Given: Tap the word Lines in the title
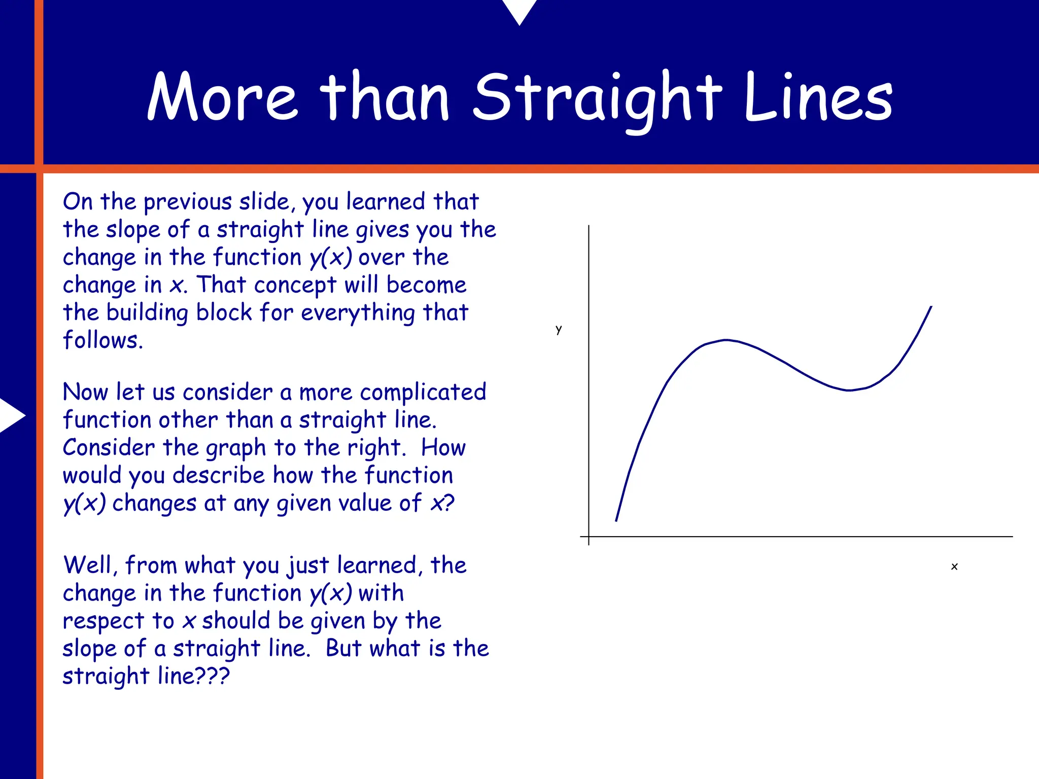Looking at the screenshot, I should click(818, 97).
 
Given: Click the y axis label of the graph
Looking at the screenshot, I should click(559, 330).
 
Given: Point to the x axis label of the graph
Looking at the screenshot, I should click(954, 566).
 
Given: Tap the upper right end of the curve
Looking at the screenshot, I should click(931, 307).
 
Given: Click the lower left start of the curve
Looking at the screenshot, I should click(616, 520).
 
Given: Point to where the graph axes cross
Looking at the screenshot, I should click(588, 536).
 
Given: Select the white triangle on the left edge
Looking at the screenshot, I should click(11, 415).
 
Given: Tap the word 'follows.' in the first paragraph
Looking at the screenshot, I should click(103, 340).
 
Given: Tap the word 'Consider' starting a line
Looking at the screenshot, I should click(109, 448).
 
